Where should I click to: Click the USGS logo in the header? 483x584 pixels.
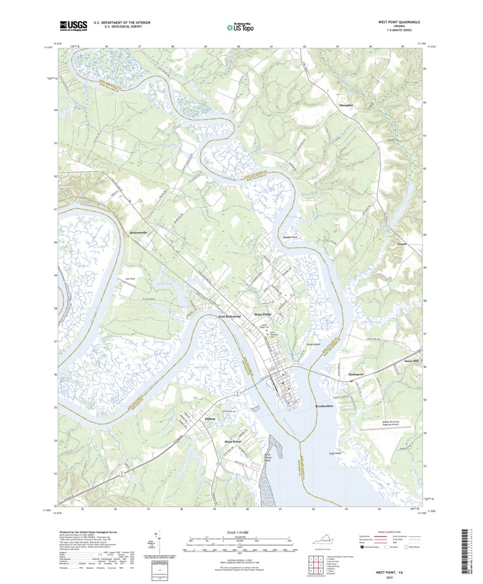click(72, 25)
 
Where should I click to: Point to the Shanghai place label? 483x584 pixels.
click(346, 105)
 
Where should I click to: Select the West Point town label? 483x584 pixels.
click(263, 314)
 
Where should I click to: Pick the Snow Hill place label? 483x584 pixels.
click(411, 361)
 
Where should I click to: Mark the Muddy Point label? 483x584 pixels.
click(290, 238)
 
